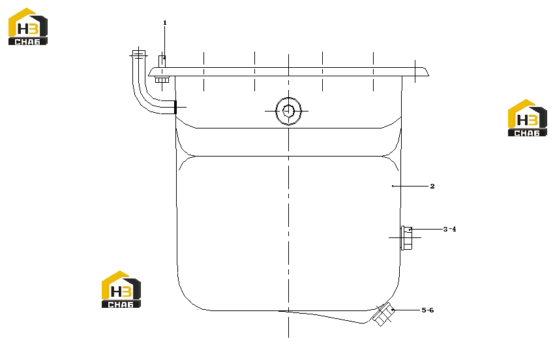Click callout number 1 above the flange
tap(164, 23)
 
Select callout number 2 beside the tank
tap(432, 186)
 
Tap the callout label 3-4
tap(449, 229)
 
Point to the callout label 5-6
tap(428, 310)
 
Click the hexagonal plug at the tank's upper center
tap(288, 111)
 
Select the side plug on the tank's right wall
tap(406, 238)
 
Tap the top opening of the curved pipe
tap(139, 54)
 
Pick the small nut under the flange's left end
tap(162, 80)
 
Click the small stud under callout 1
tap(162, 61)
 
